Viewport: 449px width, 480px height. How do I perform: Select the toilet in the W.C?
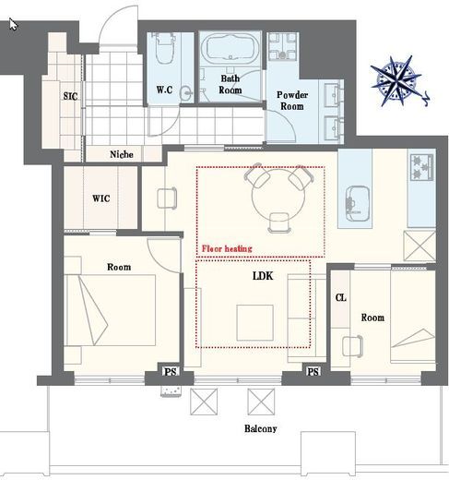[x=165, y=48]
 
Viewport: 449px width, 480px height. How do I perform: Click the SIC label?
[x=70, y=96]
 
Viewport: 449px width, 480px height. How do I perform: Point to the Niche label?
[x=122, y=154]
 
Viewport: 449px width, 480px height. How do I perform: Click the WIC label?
[x=101, y=198]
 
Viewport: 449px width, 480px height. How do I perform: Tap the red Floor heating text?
[x=227, y=248]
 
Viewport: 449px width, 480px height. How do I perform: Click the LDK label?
[x=263, y=276]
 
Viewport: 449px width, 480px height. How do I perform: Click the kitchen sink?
[x=358, y=203]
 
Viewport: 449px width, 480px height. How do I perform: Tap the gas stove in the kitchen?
[x=421, y=167]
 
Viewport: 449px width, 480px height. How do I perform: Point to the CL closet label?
[x=340, y=297]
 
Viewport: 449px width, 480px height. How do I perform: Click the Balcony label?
[x=261, y=428]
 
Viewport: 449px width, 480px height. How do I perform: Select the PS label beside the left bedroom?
[x=171, y=372]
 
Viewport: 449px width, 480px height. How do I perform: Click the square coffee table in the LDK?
[x=254, y=322]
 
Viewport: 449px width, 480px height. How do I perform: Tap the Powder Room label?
[x=292, y=101]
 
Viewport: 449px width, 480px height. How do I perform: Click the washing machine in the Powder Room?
[x=283, y=46]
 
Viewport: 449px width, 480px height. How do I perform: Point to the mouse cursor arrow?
[x=13, y=24]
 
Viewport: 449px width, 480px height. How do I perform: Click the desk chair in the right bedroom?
[x=352, y=346]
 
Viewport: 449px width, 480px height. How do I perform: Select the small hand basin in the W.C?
[x=186, y=92]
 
